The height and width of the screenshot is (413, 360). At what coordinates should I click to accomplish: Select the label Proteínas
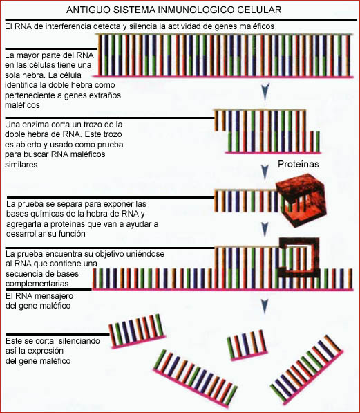coord(299,164)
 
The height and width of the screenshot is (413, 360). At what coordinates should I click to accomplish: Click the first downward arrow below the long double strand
coord(265,91)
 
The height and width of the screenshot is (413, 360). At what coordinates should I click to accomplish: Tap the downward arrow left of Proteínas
coord(265,172)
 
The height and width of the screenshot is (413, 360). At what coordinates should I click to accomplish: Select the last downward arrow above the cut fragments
coord(265,306)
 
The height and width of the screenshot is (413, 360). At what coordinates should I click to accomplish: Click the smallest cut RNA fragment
coord(247,345)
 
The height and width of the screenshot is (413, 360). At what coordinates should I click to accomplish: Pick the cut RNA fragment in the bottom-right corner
coord(307,370)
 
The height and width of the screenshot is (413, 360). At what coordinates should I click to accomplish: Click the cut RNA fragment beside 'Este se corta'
coord(138,331)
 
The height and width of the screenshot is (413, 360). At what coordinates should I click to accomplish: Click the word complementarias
coord(37,284)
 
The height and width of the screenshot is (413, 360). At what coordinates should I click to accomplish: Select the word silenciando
coord(79,341)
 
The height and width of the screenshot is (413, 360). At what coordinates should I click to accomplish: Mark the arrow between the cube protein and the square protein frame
coord(265,230)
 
